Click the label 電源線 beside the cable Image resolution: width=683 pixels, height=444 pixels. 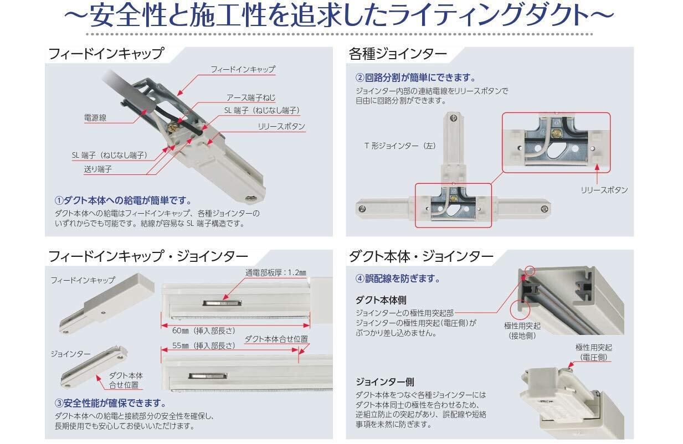coord(95,117)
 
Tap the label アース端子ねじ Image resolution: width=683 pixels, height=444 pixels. coord(250,97)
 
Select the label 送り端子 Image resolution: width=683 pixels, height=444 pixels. coord(98,169)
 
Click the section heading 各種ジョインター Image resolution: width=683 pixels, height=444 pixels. coord(398,54)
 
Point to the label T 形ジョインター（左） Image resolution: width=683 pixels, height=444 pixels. coord(400,146)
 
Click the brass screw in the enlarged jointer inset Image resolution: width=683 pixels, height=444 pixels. coord(557,133)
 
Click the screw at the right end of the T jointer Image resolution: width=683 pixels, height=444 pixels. coord(545,209)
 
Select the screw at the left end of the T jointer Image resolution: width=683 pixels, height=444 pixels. coord(362,209)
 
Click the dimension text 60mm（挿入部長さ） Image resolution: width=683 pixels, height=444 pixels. coord(204,331)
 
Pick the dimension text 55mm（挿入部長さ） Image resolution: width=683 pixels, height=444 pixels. coord(204,345)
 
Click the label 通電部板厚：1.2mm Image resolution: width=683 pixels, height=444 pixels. coord(276,272)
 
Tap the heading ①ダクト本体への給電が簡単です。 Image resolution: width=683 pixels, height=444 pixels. coord(124,200)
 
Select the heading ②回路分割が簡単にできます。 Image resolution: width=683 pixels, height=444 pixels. coord(415,78)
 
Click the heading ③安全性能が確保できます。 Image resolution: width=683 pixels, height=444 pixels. coord(111,403)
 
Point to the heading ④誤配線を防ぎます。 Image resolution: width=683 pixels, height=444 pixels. coord(398,278)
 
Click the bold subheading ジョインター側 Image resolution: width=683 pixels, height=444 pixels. coord(385,381)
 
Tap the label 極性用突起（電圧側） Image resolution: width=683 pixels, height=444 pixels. coord(593,352)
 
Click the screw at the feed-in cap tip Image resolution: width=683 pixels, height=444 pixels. coord(253,199)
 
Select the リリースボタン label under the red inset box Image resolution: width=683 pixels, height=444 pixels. coord(604,190)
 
